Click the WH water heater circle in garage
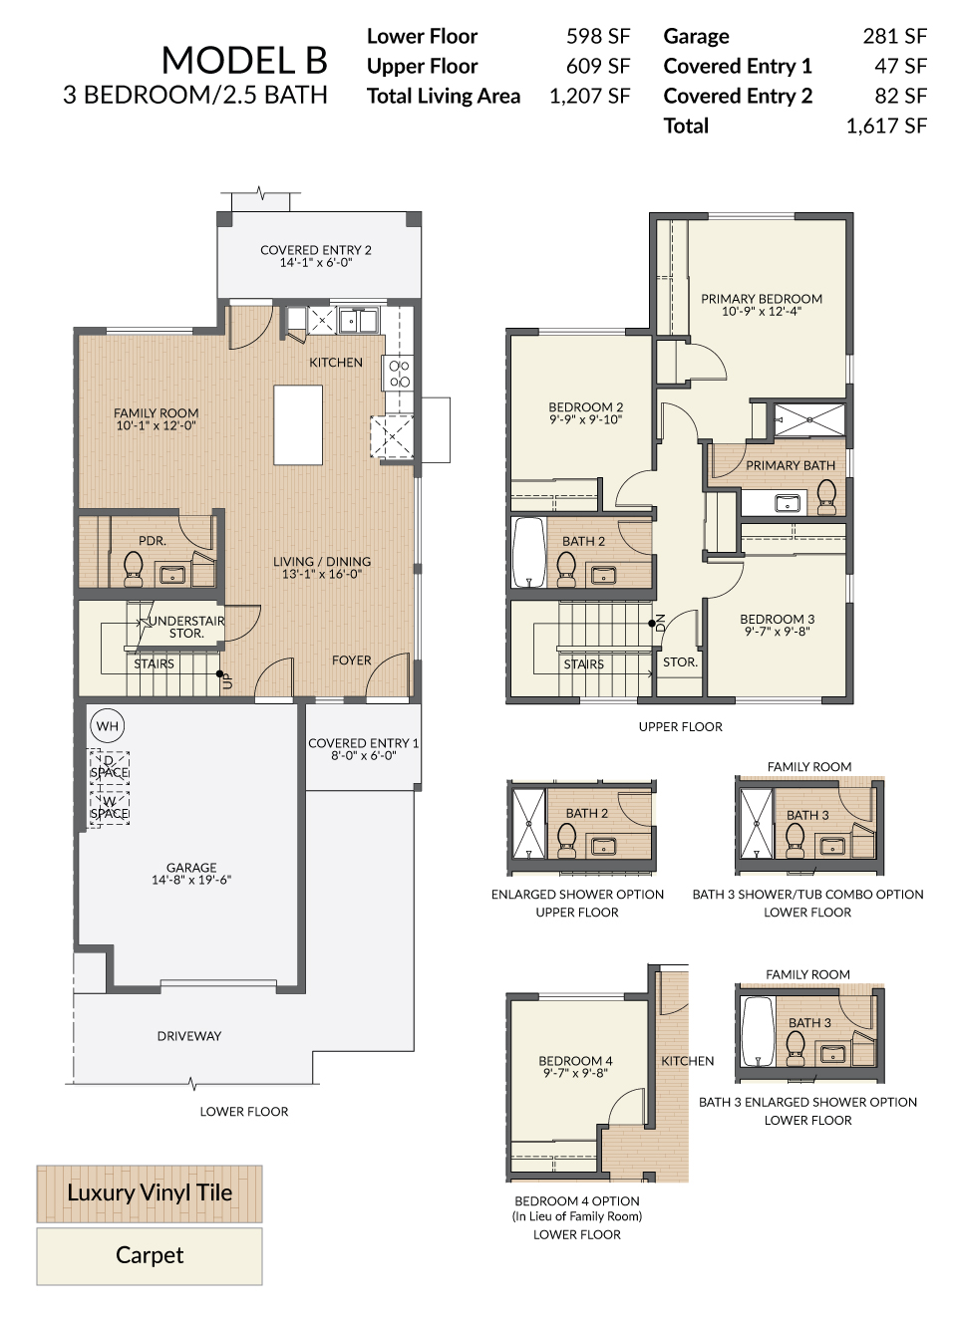108,726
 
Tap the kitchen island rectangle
298,424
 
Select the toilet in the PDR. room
134,569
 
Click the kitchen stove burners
399,374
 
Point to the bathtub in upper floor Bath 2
529,552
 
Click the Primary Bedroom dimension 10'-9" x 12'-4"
762,311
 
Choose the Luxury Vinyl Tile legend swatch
150,1193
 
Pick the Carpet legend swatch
150,1257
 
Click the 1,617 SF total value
886,126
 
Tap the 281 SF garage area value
894,36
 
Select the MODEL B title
244,60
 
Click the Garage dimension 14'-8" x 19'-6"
191,880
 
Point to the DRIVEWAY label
189,1036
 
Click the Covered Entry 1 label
363,743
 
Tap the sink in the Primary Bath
787,503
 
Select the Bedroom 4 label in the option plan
575,1061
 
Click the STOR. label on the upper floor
680,661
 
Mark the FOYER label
352,660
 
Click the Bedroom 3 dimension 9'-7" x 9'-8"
778,632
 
